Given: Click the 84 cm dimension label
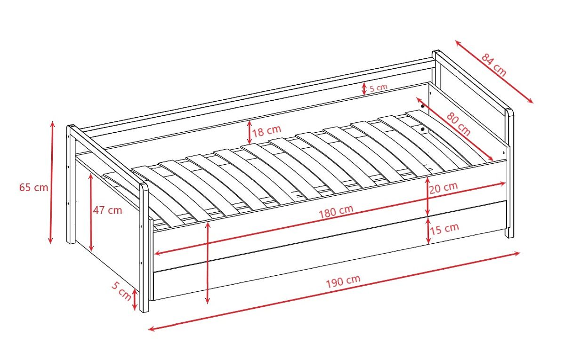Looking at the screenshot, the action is pos(493,64).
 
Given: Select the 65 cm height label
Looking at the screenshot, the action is pos(33,188).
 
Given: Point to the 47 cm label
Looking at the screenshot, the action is pos(107,210).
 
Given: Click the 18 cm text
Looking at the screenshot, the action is pos(266,131).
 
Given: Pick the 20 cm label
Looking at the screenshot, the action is pos(444,188).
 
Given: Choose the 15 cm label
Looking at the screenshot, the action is pos(444,229).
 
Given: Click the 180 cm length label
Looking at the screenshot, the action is pos(336,212).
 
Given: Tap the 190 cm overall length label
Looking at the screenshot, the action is pos(343,281).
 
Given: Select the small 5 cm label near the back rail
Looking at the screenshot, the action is pos(379,88).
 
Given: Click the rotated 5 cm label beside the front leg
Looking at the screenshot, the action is pos(121,291).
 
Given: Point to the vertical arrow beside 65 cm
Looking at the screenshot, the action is pos(51,183).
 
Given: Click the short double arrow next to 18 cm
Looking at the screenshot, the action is pos(250,132).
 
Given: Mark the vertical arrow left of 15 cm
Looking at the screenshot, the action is pos(428,231).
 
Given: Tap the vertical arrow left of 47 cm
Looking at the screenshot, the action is pos(91,213).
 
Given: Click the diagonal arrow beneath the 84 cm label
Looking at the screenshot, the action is pos(494,72).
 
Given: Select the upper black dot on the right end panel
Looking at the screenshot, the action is pos(423,106).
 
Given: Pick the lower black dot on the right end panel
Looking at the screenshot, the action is pos(423,129).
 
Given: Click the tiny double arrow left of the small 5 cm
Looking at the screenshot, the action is pos(363,89).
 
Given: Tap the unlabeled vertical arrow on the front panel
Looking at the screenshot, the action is pos(208,263).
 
